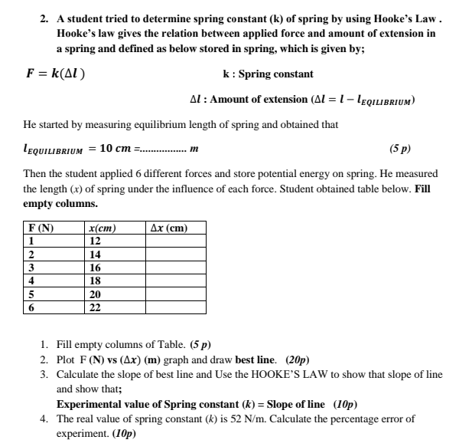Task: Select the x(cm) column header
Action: [x=102, y=228]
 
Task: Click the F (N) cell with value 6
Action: [x=31, y=307]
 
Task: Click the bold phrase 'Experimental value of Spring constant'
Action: [x=144, y=404]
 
